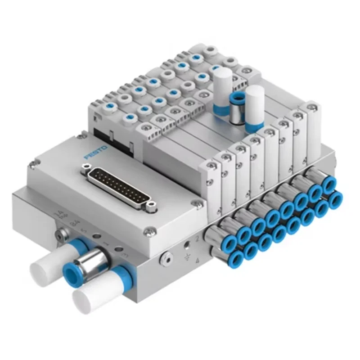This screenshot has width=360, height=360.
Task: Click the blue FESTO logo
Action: coord(96,152)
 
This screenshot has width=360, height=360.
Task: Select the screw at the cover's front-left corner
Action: coord(31,166)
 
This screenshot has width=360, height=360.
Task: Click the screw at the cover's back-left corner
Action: coord(81,134)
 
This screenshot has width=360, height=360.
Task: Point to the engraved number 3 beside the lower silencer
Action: coord(125,257)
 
